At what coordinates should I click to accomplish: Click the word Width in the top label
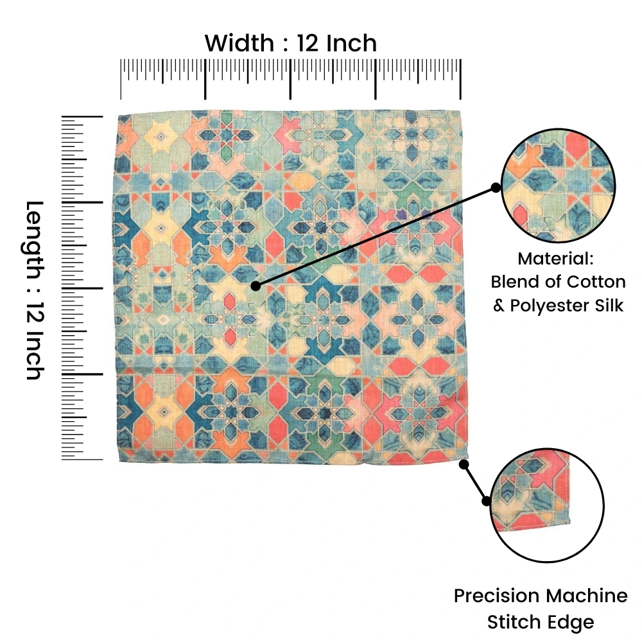[x=239, y=43]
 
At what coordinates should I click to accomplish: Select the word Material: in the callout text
[x=555, y=259]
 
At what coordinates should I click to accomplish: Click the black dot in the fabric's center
[x=256, y=286]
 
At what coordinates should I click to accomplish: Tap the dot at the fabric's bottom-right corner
[x=464, y=464]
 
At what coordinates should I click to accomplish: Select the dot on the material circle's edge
[x=496, y=187]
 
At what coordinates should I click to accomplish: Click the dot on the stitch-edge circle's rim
[x=487, y=501]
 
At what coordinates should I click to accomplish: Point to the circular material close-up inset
[x=559, y=186]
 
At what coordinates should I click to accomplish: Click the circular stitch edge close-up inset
[x=547, y=505]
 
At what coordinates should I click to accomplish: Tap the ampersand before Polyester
[x=499, y=306]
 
